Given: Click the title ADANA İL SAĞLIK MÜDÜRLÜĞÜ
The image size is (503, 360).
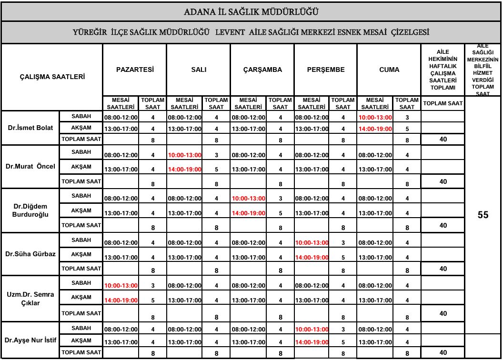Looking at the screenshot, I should [251, 11].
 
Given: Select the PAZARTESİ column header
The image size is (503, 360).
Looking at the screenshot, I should [135, 70].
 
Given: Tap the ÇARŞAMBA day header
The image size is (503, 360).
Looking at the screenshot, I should [262, 70].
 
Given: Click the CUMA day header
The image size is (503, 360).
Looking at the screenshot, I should [389, 70].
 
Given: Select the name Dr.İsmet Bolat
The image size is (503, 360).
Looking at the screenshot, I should [30, 128].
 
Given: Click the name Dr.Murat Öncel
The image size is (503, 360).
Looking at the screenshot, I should [30, 167].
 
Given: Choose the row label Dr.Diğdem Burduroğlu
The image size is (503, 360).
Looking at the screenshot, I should [30, 210].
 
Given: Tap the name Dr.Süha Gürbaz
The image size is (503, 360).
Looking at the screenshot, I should [30, 254].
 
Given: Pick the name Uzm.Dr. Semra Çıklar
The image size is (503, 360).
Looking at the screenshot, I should [30, 298].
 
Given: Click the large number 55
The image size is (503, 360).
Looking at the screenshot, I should [483, 215].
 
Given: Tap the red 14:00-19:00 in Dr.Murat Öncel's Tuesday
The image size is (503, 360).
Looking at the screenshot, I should [184, 170].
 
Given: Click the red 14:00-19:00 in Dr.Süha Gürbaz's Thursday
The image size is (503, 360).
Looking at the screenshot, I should [312, 258].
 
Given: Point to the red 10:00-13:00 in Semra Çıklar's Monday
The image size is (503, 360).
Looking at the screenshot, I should [121, 285].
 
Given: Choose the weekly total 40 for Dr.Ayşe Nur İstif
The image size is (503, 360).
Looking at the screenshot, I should [443, 352].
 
